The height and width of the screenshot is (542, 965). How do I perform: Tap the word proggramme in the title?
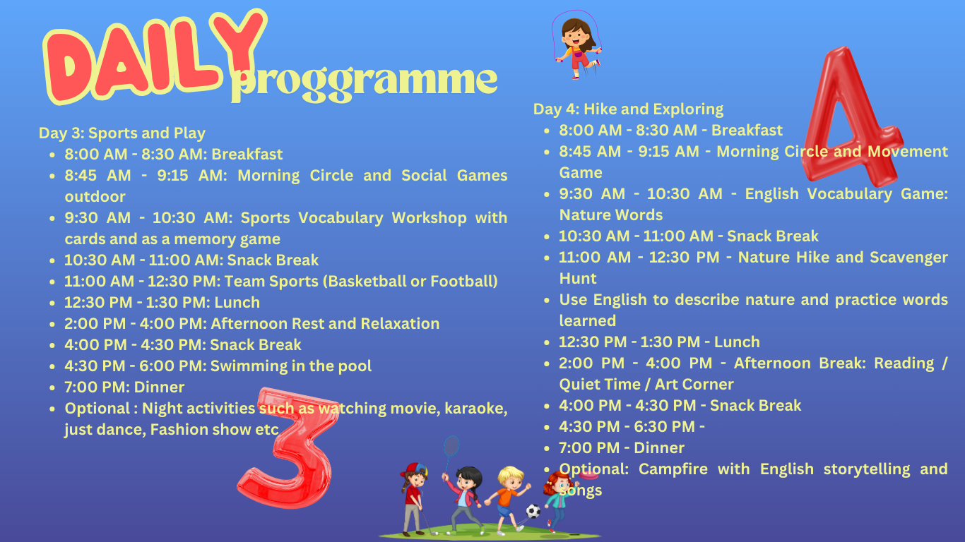(364, 83)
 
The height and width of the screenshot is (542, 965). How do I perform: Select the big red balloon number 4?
(851, 121)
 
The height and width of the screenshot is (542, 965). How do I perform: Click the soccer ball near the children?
(533, 511)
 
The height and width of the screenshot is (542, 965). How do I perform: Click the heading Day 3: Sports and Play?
(122, 133)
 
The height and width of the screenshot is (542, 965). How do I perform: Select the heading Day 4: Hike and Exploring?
(628, 109)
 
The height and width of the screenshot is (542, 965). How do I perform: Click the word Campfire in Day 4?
(673, 469)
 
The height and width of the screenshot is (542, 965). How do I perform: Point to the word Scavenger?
(908, 258)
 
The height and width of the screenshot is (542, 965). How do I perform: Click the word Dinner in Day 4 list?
(658, 447)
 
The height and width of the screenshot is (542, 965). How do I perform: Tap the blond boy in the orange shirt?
(507, 500)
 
